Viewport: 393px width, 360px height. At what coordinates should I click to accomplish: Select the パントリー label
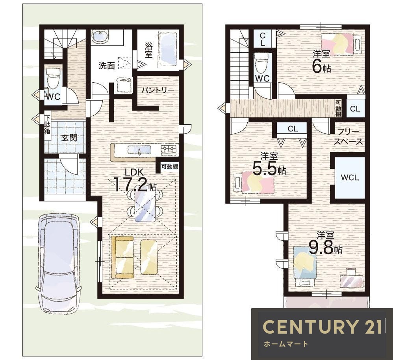click(x=158, y=90)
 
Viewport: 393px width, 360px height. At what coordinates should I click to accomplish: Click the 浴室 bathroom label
click(x=148, y=50)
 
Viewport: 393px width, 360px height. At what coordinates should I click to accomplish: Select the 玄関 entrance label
click(x=69, y=138)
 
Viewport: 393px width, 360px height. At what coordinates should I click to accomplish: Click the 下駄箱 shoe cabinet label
click(x=47, y=124)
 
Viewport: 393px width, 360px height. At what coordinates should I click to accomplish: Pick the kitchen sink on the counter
click(x=139, y=150)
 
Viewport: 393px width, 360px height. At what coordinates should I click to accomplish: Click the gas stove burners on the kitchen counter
click(x=169, y=149)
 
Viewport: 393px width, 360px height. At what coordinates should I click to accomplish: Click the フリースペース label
click(x=349, y=137)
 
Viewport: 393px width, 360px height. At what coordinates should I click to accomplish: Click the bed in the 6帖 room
click(x=341, y=44)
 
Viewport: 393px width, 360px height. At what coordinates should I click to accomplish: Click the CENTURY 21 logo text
click(x=323, y=327)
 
